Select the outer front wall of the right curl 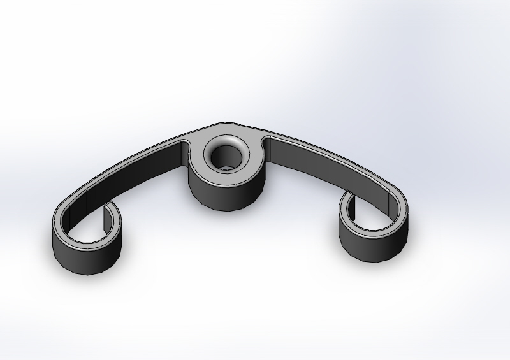click(x=373, y=245)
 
